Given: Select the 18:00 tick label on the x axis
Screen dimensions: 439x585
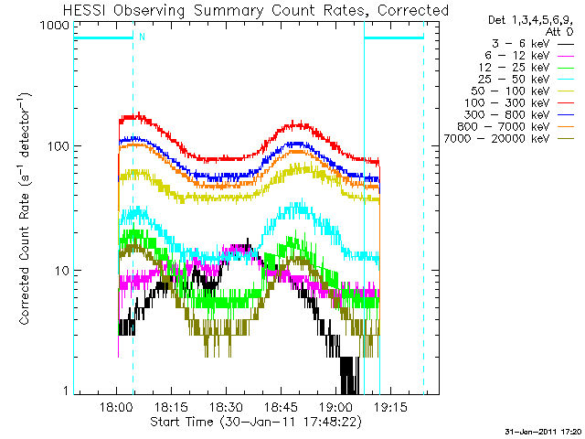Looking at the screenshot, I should (117, 408).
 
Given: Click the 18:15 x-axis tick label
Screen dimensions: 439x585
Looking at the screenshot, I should (171, 408).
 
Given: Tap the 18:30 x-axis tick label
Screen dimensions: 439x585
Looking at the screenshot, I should (225, 408).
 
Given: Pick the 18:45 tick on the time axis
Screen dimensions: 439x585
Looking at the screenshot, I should (280, 408).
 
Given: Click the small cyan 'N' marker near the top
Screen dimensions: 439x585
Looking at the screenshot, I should (142, 37).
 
